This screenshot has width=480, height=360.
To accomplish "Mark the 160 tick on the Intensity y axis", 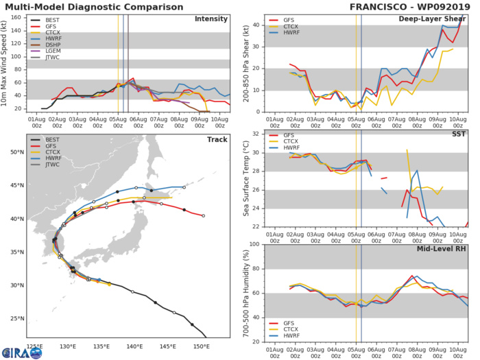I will [21, 18].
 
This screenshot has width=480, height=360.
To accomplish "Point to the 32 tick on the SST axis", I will [258, 133].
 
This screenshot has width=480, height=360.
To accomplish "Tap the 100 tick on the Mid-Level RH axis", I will [256, 244].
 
